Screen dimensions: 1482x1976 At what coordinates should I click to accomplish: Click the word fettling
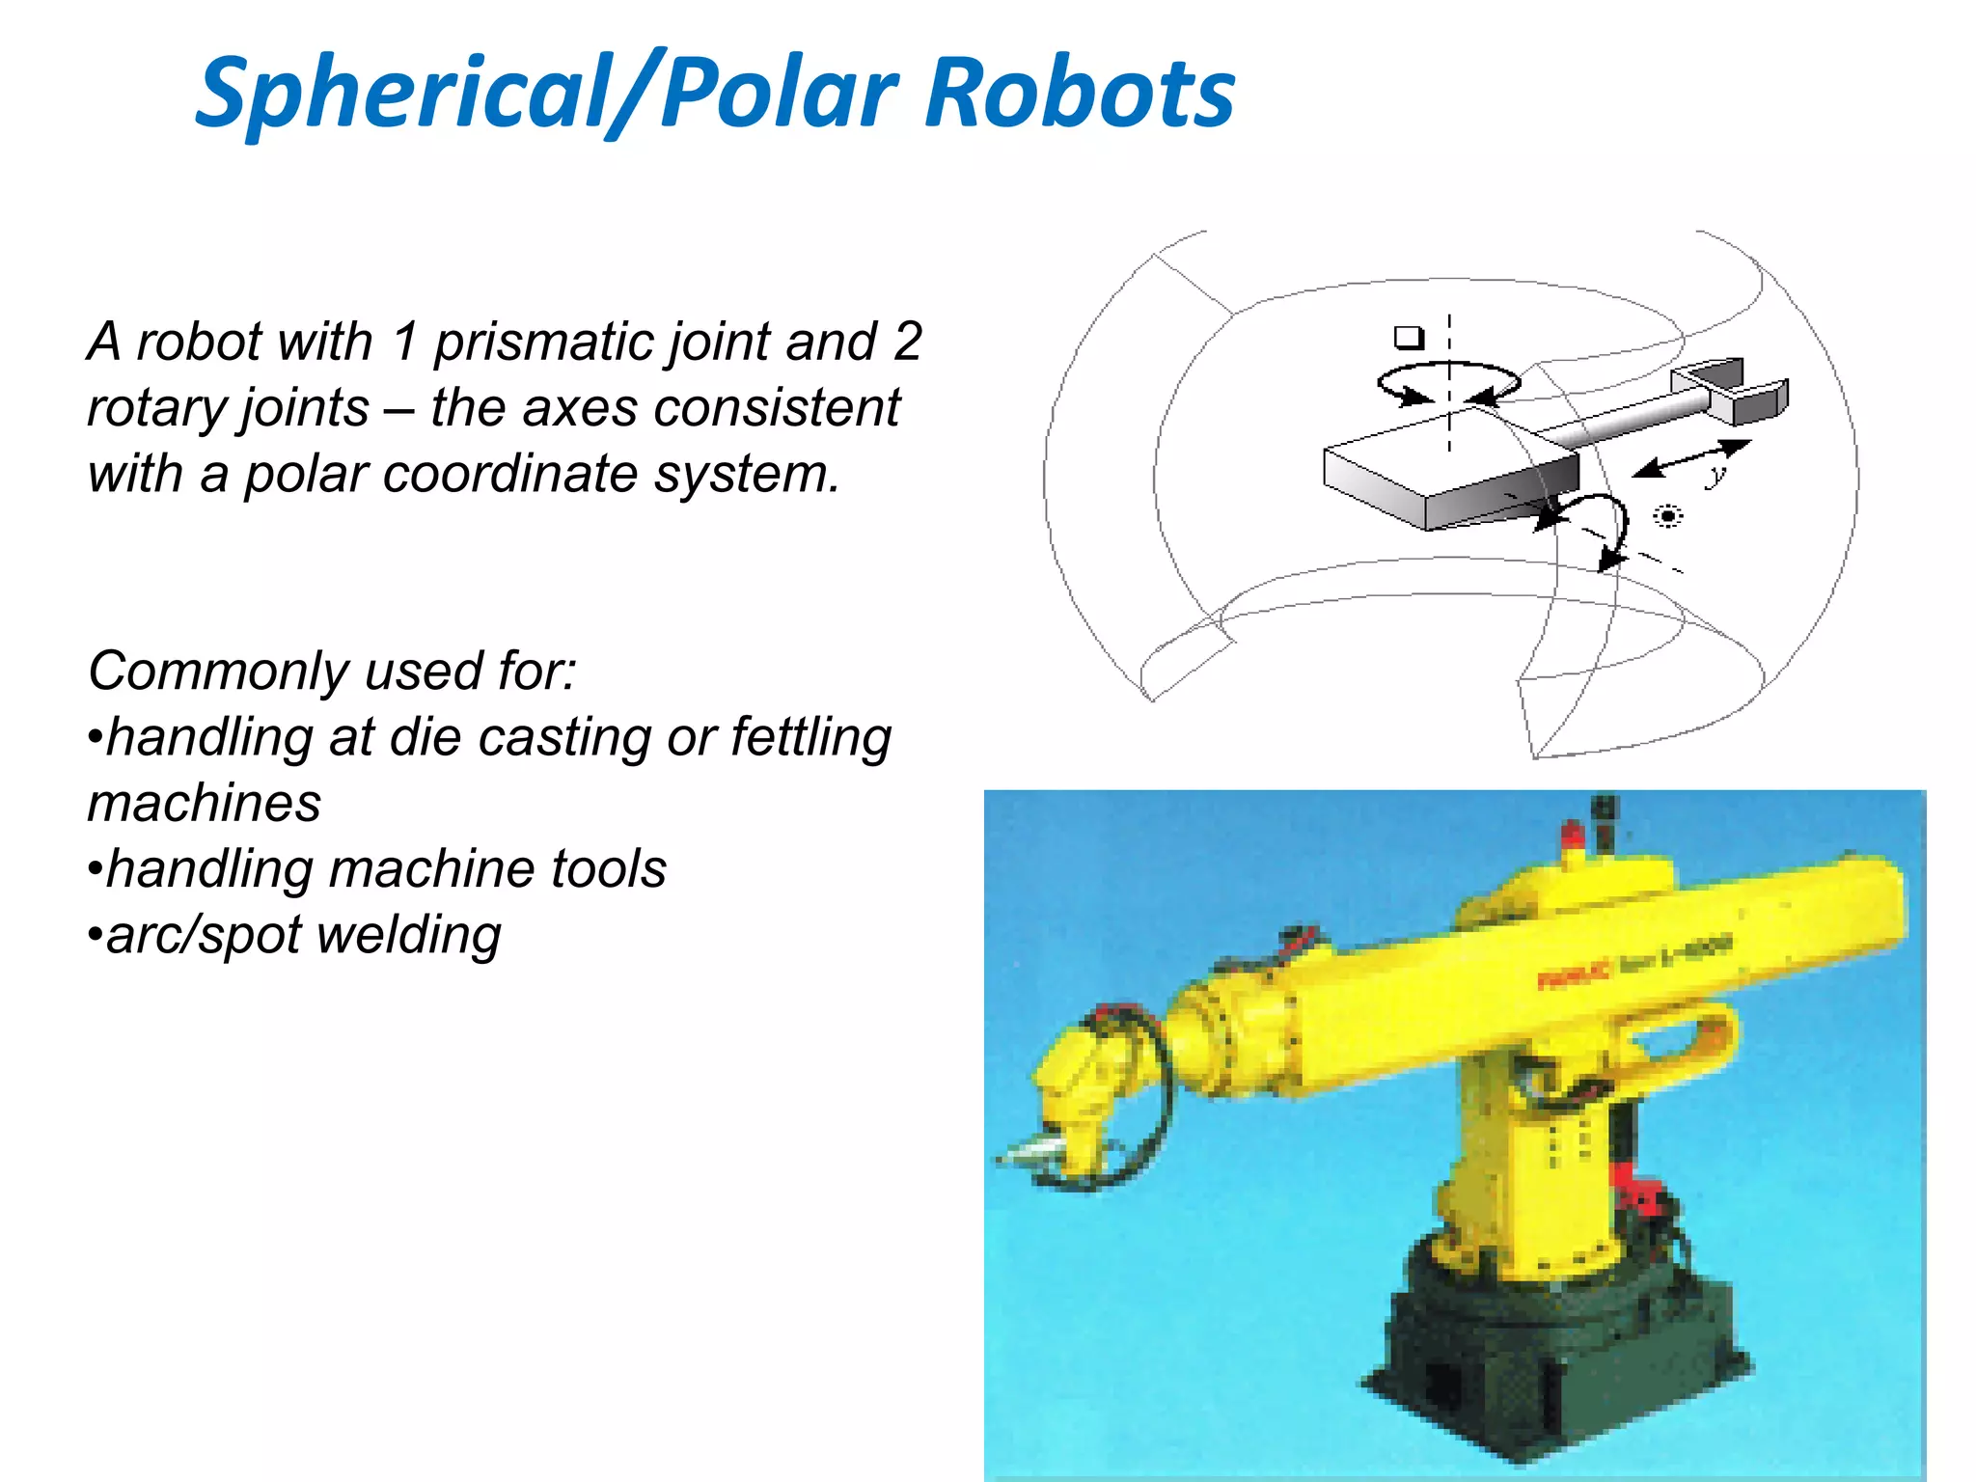click(810, 737)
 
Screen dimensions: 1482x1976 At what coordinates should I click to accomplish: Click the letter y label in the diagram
click(1715, 475)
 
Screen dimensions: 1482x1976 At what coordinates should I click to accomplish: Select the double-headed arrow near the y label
click(1690, 458)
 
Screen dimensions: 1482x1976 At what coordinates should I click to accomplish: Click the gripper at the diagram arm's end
click(1732, 390)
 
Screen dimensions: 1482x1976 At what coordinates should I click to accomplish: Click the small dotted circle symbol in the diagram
click(1667, 516)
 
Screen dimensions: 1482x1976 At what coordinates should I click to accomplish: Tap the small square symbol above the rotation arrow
click(1409, 338)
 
